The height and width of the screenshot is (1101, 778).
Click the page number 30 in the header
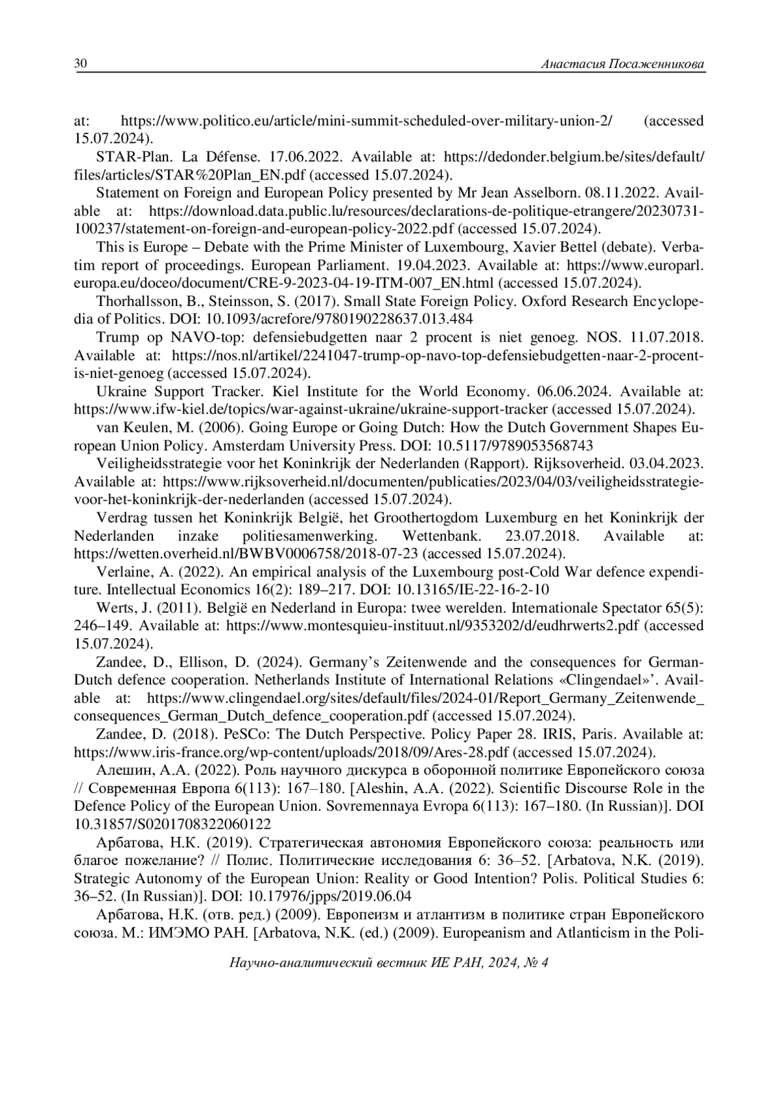(x=81, y=64)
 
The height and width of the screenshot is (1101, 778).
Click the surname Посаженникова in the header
(x=655, y=64)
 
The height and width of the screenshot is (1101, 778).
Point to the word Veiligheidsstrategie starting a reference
(x=159, y=464)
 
